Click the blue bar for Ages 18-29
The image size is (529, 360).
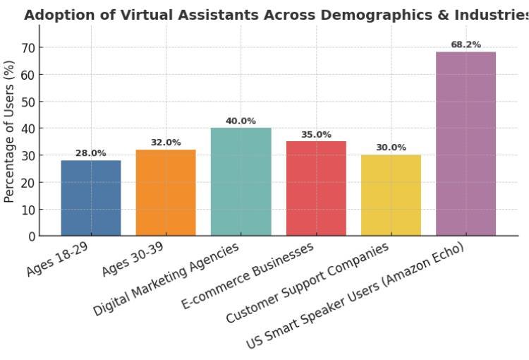coord(90,198)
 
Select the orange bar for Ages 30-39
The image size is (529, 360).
coord(166,192)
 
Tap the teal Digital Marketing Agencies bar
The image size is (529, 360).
coord(241,181)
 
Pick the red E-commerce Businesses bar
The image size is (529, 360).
coord(316,188)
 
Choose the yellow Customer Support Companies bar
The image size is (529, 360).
coord(391,195)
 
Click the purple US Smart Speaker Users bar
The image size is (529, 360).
coord(466,143)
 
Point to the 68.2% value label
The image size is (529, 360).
coord(466,44)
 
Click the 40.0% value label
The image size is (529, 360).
coord(241,121)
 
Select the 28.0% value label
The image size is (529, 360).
coord(90,153)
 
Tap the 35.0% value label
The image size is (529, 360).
coord(316,134)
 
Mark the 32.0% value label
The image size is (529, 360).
coord(166,143)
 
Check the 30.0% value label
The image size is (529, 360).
coord(391,148)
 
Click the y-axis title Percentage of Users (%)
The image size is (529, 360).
coord(9,131)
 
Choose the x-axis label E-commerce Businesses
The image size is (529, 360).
coord(248,276)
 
